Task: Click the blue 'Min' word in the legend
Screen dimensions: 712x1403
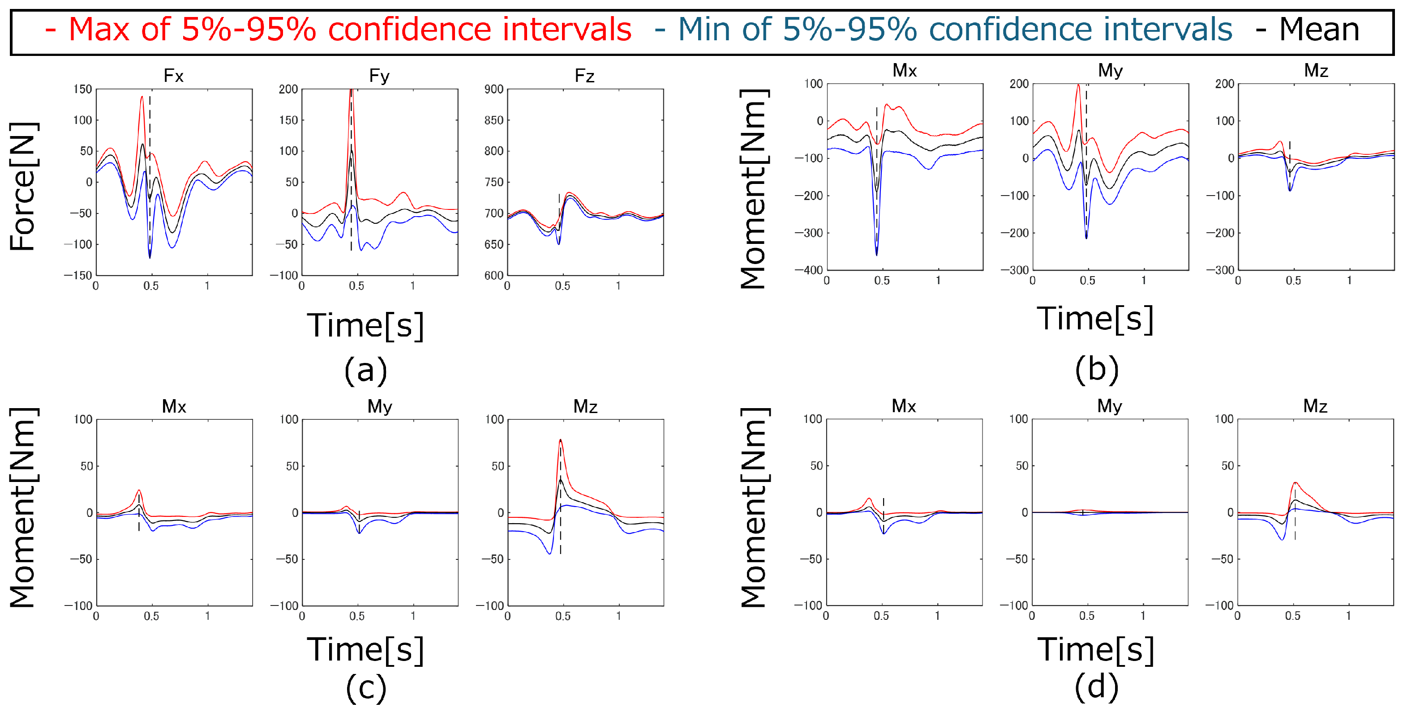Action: click(x=710, y=30)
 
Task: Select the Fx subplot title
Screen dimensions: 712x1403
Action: click(x=173, y=76)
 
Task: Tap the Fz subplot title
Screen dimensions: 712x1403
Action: click(x=584, y=76)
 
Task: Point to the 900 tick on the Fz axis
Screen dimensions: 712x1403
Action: click(x=493, y=89)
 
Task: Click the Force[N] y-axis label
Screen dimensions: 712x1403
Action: click(x=22, y=186)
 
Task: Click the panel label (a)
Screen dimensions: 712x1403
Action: click(x=365, y=370)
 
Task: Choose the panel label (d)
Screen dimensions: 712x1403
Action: click(x=1096, y=687)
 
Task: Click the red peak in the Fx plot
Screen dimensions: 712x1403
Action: click(x=142, y=98)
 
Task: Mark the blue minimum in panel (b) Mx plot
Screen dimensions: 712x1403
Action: click(x=876, y=254)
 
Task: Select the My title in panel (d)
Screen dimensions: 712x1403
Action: click(x=1109, y=406)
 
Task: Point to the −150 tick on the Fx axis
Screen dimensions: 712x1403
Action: click(x=78, y=275)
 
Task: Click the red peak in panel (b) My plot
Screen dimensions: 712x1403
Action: click(x=1078, y=85)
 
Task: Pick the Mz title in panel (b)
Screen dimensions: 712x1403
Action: click(x=1316, y=71)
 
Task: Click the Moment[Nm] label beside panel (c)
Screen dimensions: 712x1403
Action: click(x=22, y=507)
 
